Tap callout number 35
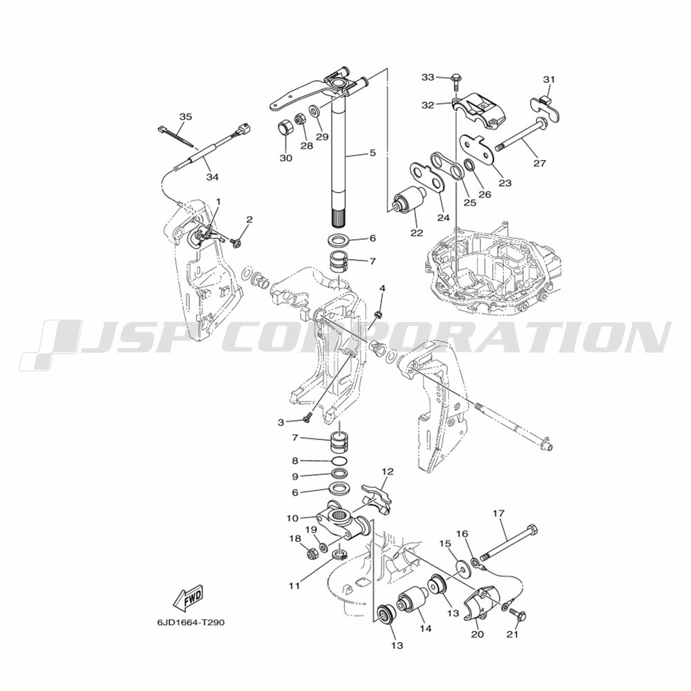coord(185,117)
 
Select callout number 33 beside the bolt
coord(428,77)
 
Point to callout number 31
coord(549,79)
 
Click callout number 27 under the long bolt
coord(540,164)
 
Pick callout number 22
coord(417,232)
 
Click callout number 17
coord(499,513)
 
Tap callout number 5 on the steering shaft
coord(372,153)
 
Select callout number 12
coord(388,471)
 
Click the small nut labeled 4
coord(377,314)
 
